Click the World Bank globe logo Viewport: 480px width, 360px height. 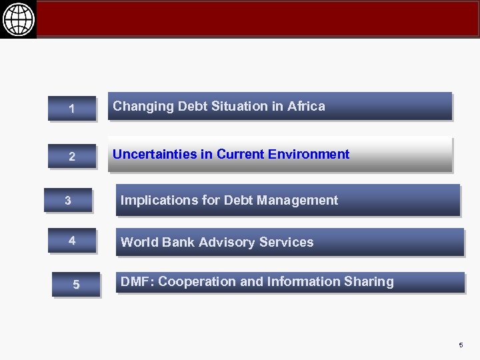pos(18,19)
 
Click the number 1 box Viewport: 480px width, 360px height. pos(72,109)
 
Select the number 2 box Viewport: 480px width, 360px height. pos(72,157)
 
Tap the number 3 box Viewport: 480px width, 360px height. pos(68,200)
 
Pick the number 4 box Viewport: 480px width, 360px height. pos(72,240)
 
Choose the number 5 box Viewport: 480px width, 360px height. pos(76,285)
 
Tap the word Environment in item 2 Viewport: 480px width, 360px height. pos(309,155)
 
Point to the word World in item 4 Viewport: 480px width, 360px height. pos(136,242)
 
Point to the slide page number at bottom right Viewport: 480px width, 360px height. pos(460,345)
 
